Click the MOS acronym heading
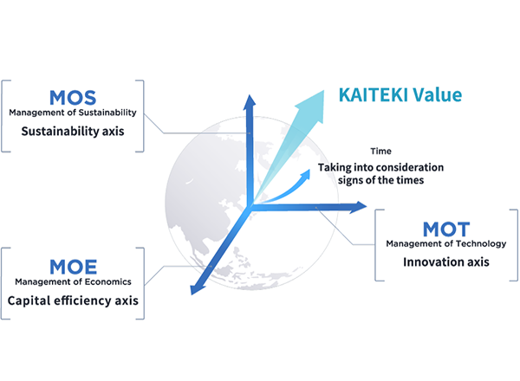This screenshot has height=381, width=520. [73, 98]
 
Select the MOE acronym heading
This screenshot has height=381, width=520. [74, 267]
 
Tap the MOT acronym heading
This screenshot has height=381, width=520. [446, 229]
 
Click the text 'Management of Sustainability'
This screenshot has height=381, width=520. [73, 113]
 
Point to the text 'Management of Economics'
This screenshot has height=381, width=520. [73, 281]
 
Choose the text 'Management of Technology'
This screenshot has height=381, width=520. [446, 243]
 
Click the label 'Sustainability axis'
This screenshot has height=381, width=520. [73, 132]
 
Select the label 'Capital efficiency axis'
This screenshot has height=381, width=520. [73, 300]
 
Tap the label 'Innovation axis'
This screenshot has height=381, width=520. [446, 262]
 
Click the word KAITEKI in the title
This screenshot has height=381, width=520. [373, 95]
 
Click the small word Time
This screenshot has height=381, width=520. [380, 151]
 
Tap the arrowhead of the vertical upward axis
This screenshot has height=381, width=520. [250, 102]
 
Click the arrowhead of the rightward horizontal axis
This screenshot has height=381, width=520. [358, 207]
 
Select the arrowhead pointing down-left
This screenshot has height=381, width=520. [197, 287]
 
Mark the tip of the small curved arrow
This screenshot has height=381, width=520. [309, 170]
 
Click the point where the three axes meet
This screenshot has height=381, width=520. [250, 207]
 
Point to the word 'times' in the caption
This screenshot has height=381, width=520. [411, 180]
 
